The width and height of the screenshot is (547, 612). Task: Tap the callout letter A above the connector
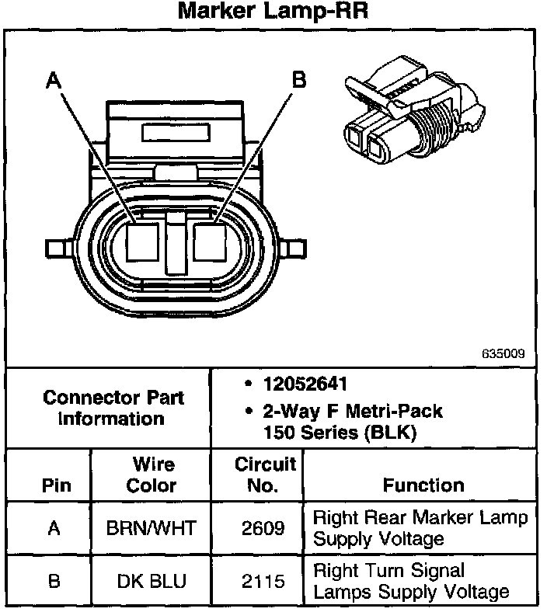coord(53,79)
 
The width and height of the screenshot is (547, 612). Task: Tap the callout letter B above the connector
coord(298,79)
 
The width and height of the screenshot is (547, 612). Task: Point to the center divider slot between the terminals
coord(176,244)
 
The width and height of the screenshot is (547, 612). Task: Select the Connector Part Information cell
coord(113,408)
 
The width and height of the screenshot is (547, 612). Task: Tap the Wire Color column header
coord(154,475)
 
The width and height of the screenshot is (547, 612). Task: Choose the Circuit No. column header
coord(265,475)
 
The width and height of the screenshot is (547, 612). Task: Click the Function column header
coord(423,485)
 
